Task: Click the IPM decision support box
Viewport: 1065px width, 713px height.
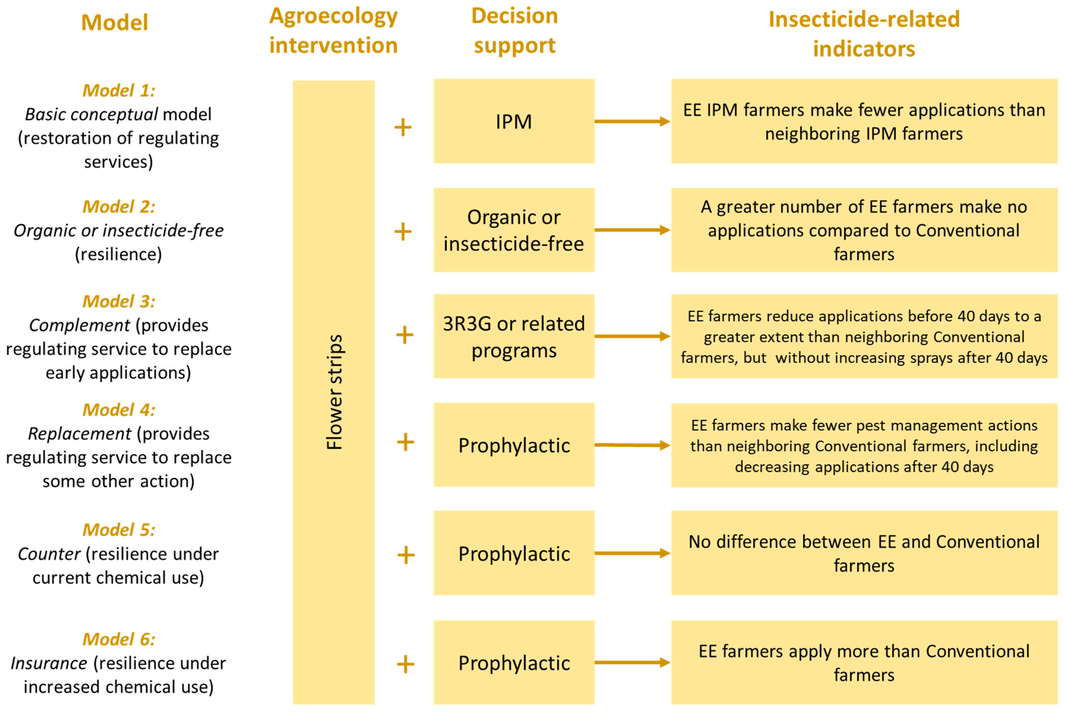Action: (x=514, y=122)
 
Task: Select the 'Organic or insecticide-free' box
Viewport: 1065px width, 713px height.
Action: (x=514, y=230)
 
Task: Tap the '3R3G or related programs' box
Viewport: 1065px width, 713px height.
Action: (x=514, y=336)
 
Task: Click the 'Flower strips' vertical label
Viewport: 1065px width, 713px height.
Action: (x=334, y=392)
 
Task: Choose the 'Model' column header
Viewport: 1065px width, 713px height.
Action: (x=115, y=22)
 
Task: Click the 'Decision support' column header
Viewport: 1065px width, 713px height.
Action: (x=514, y=31)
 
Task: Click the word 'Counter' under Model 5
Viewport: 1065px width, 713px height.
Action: (x=49, y=554)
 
